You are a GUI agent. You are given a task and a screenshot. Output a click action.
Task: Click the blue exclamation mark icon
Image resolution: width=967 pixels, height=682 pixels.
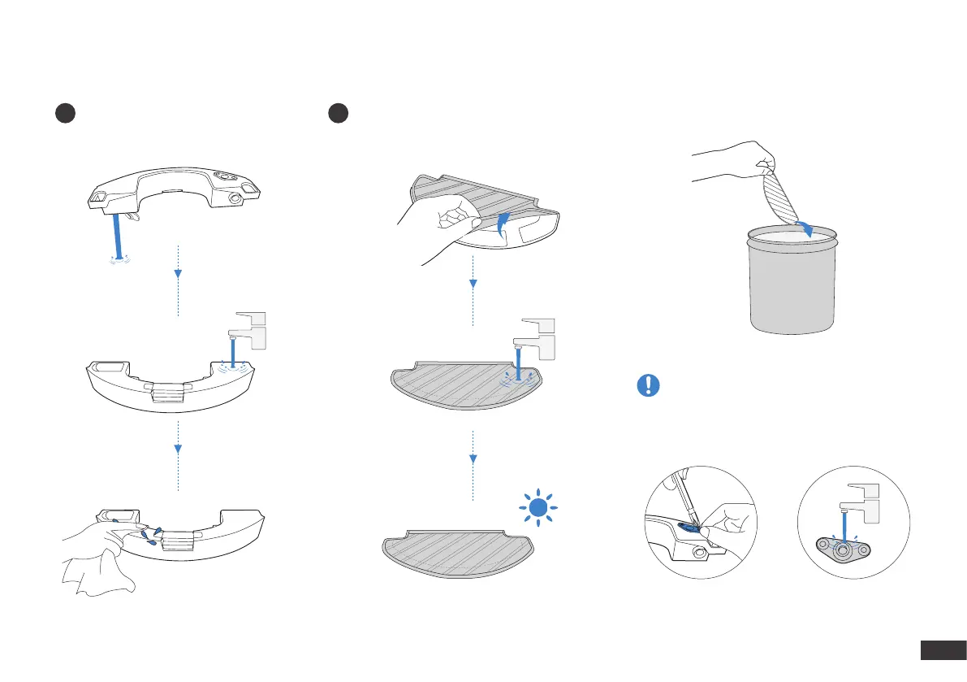coord(649,385)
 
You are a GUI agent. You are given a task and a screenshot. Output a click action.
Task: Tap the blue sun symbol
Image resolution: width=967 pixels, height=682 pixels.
coord(536,509)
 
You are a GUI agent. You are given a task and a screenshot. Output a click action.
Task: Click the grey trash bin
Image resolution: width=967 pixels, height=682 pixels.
coord(792,280)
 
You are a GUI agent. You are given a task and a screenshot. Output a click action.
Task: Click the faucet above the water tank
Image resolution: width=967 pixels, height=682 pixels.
coord(248,328)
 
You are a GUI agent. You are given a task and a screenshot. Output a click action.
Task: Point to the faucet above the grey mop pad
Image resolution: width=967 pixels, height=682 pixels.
coord(537,334)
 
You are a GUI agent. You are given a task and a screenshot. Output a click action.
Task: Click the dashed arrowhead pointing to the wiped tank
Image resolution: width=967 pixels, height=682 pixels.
coord(178,448)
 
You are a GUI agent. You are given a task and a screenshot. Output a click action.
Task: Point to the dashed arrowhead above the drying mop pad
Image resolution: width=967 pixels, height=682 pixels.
coord(473,459)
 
